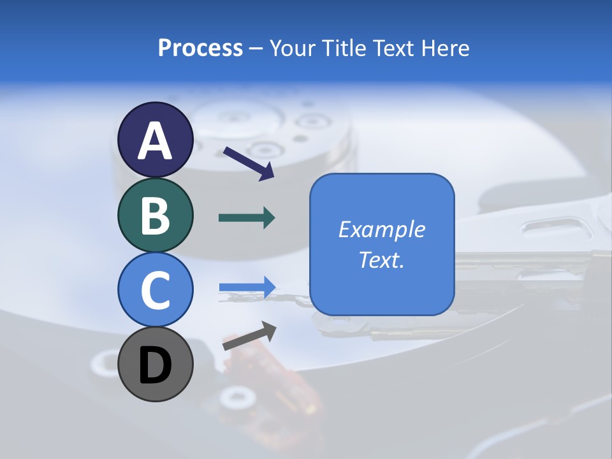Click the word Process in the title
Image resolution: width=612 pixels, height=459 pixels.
(x=200, y=48)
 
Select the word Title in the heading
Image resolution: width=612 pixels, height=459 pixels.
(x=342, y=48)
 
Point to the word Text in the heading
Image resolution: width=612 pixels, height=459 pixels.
(x=393, y=48)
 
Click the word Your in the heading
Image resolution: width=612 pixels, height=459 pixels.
(x=294, y=48)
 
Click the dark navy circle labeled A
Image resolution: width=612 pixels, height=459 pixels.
(x=156, y=140)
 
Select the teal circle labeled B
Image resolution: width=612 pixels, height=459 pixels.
(x=156, y=215)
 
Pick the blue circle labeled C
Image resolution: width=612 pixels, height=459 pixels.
(x=156, y=289)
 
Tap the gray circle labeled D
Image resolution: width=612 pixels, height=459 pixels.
(x=156, y=365)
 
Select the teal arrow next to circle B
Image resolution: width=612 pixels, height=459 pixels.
(x=247, y=218)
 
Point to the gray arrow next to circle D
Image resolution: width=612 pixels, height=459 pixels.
(x=249, y=336)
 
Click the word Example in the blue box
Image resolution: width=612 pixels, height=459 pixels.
(x=382, y=229)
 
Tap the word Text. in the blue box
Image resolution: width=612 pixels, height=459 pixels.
(x=382, y=259)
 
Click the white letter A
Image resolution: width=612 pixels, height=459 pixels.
(x=156, y=141)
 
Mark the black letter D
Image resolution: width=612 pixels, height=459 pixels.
(x=156, y=366)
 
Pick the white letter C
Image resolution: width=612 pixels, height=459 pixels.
(x=156, y=291)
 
